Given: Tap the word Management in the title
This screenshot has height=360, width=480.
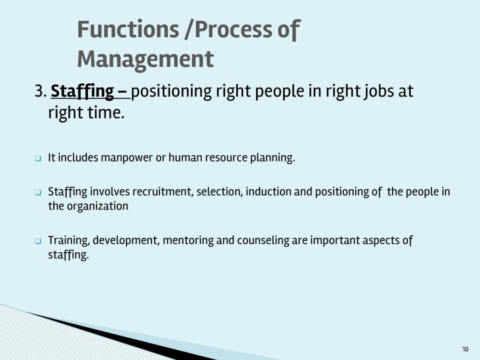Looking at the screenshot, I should (x=145, y=59).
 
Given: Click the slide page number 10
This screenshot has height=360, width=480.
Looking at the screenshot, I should (x=465, y=349).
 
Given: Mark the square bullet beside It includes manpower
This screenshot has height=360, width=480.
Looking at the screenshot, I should (x=38, y=159).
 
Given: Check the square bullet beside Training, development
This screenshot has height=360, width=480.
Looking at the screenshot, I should (x=38, y=241).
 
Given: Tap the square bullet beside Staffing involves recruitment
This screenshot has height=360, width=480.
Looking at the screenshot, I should (x=38, y=192).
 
